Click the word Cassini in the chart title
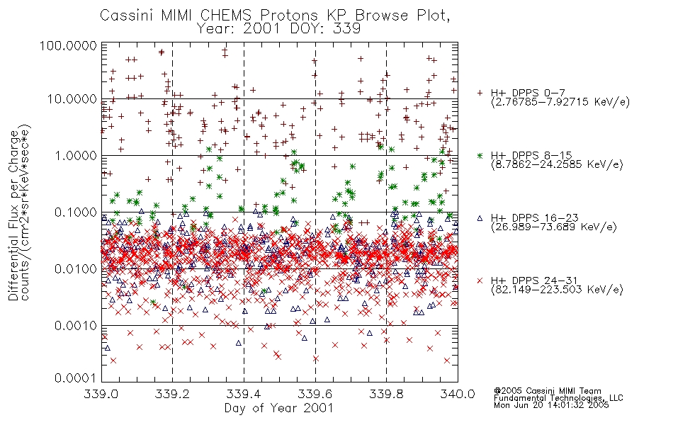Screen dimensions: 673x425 click(128, 16)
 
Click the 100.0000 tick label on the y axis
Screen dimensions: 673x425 click(68, 45)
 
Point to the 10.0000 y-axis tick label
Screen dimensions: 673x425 click(72, 99)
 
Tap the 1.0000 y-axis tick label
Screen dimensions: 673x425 click(76, 155)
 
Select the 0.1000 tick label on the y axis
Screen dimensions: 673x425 click(76, 212)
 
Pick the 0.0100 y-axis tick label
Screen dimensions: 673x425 click(76, 268)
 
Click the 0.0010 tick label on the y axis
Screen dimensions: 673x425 click(76, 325)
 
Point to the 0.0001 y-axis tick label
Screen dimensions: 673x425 click(76, 378)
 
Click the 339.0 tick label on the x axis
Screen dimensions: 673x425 click(101, 394)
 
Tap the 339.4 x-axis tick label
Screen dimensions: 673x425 click(244, 394)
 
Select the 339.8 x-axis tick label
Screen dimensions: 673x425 click(386, 394)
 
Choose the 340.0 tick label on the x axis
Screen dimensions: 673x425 click(458, 394)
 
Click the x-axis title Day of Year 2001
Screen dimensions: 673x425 click(279, 408)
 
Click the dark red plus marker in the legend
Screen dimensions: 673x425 click(480, 93)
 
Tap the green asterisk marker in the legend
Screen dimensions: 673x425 click(480, 155)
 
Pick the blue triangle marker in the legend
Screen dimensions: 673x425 click(480, 218)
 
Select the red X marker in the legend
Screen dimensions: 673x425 click(480, 280)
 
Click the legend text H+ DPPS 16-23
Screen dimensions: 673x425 click(534, 218)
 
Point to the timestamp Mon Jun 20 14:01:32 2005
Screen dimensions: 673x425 click(551, 405)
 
